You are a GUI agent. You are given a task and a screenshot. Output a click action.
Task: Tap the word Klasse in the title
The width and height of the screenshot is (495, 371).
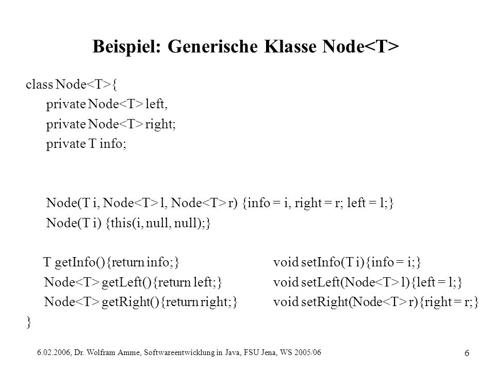(x=290, y=46)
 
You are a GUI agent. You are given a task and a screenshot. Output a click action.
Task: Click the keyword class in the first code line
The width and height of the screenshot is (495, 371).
(x=40, y=84)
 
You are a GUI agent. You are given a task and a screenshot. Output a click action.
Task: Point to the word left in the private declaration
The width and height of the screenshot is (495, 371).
(x=156, y=104)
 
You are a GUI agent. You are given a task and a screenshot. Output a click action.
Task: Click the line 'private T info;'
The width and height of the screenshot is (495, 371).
(x=86, y=144)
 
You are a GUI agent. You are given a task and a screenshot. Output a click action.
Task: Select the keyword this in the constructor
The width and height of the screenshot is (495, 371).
(x=121, y=223)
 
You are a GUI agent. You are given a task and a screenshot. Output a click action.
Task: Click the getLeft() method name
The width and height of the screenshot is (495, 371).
(x=127, y=282)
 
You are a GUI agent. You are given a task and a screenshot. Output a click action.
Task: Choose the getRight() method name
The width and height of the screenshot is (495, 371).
(x=130, y=302)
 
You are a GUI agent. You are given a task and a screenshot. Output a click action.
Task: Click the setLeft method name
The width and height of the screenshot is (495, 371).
(x=321, y=282)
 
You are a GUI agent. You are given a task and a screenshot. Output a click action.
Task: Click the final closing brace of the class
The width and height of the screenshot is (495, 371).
(x=29, y=322)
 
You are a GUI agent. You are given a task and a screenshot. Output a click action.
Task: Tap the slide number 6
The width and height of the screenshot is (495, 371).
(x=467, y=353)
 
